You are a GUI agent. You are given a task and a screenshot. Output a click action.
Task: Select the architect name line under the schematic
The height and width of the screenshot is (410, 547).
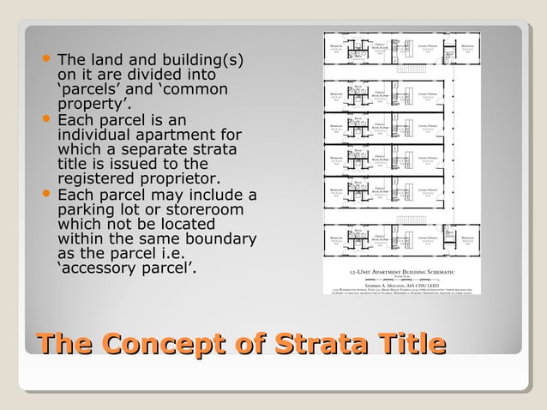click(x=400, y=283)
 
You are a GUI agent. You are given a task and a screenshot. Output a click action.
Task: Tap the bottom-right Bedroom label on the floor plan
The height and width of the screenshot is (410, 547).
click(x=469, y=236)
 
